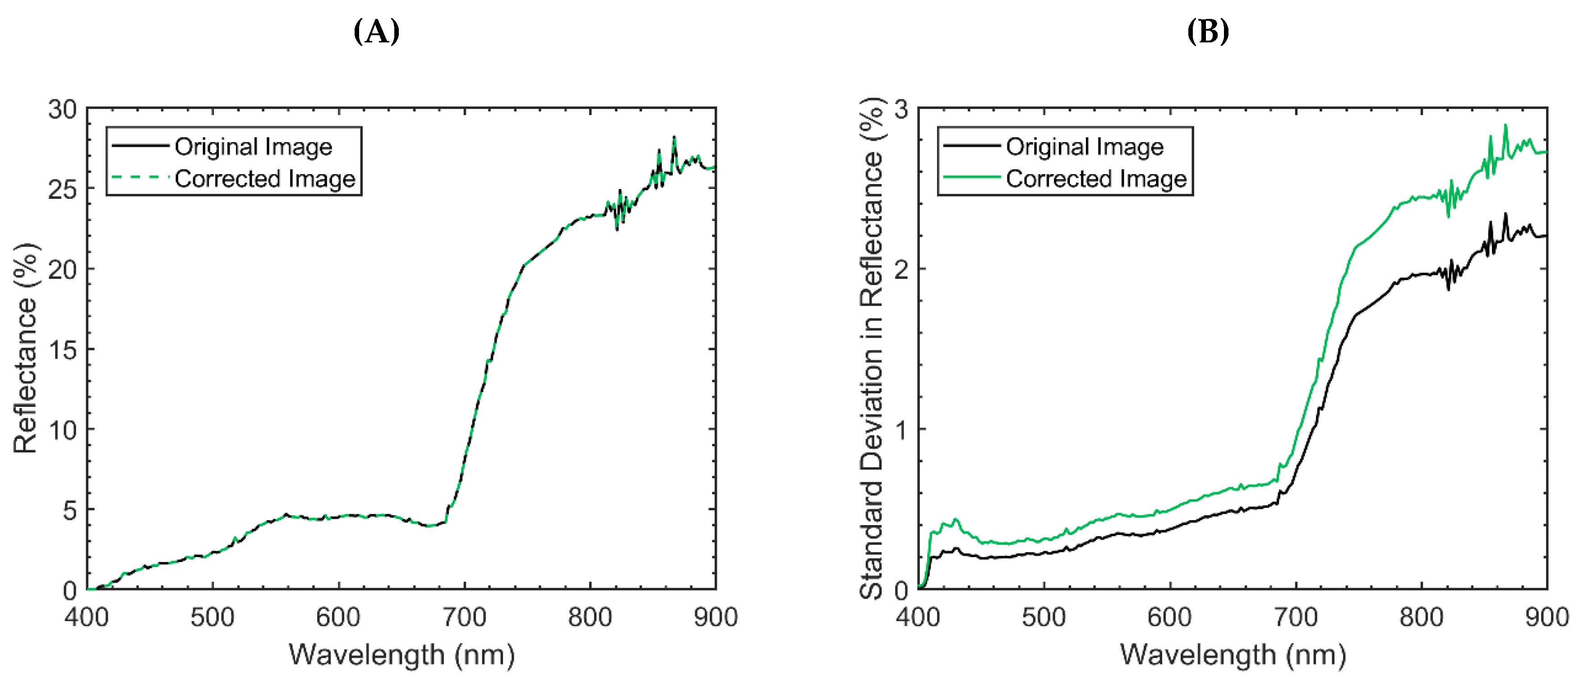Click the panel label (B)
1207,31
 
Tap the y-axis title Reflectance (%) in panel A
26,348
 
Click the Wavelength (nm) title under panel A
402,654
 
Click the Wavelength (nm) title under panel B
1233,654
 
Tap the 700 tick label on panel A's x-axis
464,617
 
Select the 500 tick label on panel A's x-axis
212,617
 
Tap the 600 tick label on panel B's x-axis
1169,617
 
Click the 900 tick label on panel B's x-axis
1547,617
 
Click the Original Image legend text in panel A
254,147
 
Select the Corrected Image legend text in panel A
265,179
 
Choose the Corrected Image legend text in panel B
1096,179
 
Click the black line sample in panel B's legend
971,146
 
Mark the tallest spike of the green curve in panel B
1505,125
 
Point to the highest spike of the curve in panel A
674,137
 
